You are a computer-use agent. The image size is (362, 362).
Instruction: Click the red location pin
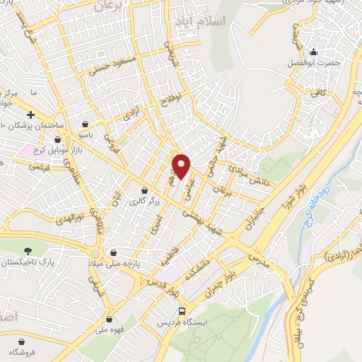click(x=182, y=165)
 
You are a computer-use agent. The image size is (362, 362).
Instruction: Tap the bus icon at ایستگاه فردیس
click(x=182, y=311)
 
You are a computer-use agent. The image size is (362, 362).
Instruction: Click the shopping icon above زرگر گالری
click(x=145, y=190)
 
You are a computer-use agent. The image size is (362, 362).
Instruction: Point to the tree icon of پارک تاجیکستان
click(x=28, y=250)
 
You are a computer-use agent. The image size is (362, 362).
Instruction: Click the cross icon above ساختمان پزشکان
click(x=30, y=115)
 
